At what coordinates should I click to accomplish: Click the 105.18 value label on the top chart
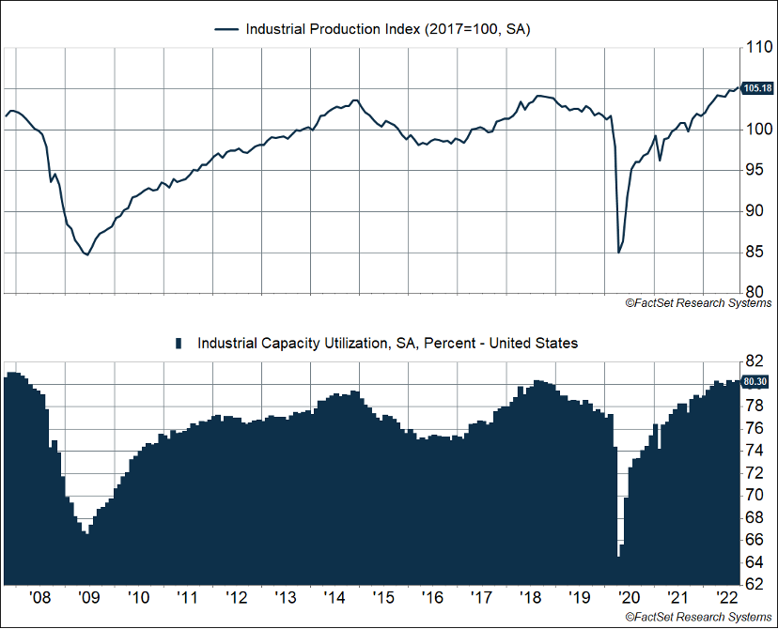pos(756,88)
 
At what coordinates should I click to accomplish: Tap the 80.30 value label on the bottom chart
pos(756,381)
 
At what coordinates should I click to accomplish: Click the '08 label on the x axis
pos(39,598)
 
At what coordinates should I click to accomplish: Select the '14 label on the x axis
pos(334,598)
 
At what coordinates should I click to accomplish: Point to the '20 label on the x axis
pos(628,598)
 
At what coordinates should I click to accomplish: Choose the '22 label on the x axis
pos(725,598)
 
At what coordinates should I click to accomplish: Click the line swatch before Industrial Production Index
pos(226,29)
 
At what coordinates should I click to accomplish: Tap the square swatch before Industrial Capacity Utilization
pos(179,344)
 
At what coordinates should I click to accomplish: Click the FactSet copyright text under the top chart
pos(697,303)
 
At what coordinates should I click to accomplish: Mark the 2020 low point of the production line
pos(618,252)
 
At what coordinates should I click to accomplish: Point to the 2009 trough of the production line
pos(87,254)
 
